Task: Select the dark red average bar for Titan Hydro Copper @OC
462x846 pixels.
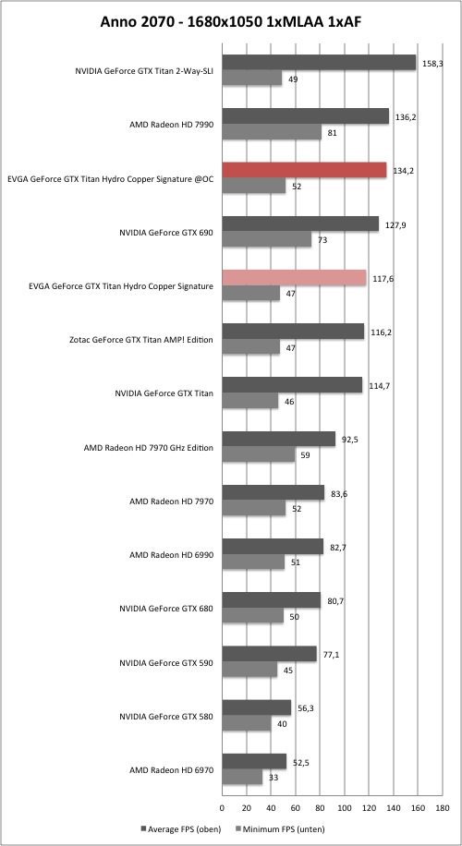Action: [304, 170]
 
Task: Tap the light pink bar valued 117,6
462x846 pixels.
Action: [294, 278]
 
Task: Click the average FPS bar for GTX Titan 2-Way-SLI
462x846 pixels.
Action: [319, 63]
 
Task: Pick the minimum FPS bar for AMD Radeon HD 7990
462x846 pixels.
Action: [272, 132]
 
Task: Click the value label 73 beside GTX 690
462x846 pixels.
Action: [322, 240]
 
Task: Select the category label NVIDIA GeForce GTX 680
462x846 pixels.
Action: [166, 609]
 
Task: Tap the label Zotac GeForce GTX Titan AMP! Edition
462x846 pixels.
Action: [141, 340]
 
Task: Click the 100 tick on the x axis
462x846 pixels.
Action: [345, 808]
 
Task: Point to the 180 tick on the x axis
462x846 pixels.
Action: [442, 808]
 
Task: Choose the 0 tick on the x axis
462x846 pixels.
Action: [222, 808]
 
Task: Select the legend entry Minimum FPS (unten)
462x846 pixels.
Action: [280, 828]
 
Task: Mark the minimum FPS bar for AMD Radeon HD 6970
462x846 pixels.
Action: [242, 778]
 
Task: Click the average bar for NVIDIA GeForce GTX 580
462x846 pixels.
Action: [256, 707]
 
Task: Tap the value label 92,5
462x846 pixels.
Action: [350, 440]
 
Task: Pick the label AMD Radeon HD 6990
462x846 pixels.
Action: [172, 555]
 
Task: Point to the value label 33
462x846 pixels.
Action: [274, 778]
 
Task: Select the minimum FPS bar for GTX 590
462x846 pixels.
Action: [249, 670]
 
